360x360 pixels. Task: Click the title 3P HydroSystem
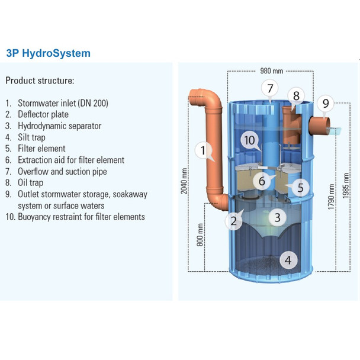pos(48,53)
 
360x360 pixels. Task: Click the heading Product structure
pos(40,80)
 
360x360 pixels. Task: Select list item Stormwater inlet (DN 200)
pos(62,103)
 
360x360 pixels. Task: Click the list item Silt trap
pos(36,137)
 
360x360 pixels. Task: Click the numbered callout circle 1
pos(202,152)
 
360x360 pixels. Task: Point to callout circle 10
pos(250,140)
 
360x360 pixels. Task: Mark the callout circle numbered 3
pos(277,217)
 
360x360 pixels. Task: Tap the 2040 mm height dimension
pos(185,180)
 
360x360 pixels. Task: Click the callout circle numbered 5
pos(300,188)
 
